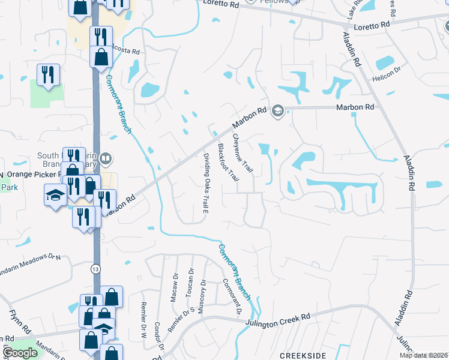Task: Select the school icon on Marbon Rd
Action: tap(277, 111)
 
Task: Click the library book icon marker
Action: tap(106, 158)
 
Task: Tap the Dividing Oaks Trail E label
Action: tap(205, 183)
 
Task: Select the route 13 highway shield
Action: tap(95, 270)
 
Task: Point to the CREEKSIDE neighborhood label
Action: tap(302, 355)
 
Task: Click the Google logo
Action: tap(20, 353)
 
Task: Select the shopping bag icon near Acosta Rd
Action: tap(101, 58)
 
